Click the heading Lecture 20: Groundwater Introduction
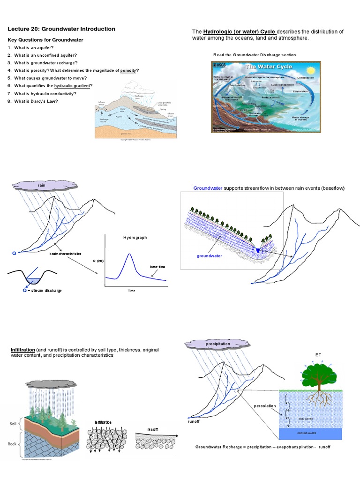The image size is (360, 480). click(x=61, y=29)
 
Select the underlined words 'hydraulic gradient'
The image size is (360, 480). click(x=73, y=86)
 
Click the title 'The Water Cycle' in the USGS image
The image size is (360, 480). click(x=269, y=67)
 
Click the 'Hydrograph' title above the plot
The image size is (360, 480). click(x=135, y=238)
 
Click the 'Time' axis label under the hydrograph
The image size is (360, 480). click(x=131, y=291)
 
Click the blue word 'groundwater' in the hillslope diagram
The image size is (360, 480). click(x=209, y=256)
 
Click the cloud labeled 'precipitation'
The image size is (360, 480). click(x=218, y=344)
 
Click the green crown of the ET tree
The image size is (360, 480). click(x=319, y=373)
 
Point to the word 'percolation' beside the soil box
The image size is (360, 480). click(x=265, y=405)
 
